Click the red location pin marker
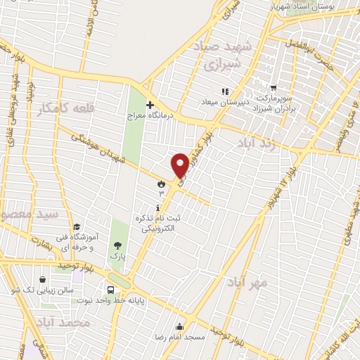pos(180,165)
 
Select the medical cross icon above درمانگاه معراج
pos(149,103)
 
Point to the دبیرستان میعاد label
pos(224,103)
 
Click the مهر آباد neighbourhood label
pos(247,283)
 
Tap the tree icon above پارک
pos(117,246)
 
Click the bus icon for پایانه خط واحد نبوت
pos(111,290)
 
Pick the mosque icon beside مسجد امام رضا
pos(181,326)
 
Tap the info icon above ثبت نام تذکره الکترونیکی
pos(157,207)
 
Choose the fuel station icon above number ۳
pos(161,183)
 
